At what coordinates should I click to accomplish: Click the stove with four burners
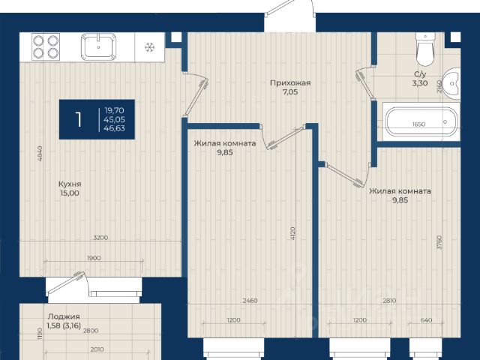pos(46,46)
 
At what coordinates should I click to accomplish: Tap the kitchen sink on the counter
pos(98,46)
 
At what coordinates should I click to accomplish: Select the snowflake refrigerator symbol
pos(150,47)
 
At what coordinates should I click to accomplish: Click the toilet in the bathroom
pos(425,49)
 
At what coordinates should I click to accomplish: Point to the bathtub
pos(421,121)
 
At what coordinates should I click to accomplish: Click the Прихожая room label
pos(290,82)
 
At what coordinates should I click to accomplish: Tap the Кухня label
pos(70,184)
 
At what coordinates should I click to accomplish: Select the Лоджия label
pos(64,316)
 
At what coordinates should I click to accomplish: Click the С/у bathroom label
pos(420,74)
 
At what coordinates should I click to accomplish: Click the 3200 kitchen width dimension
pos(100,238)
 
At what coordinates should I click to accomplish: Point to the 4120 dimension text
pos(292,233)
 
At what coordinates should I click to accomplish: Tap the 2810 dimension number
pos(389,301)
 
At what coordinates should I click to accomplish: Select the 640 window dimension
pos(427,320)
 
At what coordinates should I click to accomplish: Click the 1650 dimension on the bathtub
pos(418,124)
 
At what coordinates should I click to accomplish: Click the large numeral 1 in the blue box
pos(79,119)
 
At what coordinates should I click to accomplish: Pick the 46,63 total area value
pos(114,128)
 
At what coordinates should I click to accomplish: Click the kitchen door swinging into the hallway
pos(196,97)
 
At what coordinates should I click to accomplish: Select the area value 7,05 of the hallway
pos(290,91)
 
